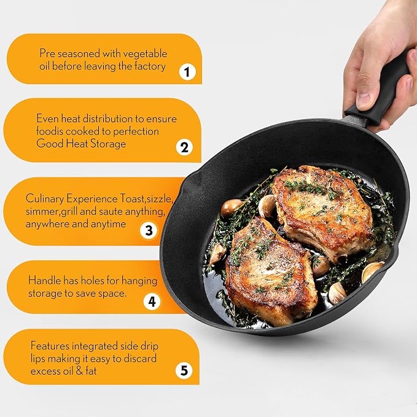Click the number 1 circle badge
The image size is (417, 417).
187,72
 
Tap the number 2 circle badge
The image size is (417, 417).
184,147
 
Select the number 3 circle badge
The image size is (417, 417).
149,230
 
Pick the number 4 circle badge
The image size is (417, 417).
152,302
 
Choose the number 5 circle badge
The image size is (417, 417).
184,370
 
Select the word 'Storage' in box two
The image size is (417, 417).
108,144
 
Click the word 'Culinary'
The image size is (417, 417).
45,199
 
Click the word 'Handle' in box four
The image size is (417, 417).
44,281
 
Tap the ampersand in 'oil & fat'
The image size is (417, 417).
79,371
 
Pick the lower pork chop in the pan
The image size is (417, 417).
271,271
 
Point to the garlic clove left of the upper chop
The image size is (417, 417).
267,206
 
